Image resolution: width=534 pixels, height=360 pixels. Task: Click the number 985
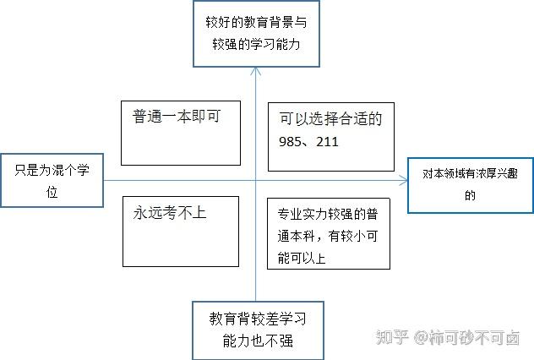point(290,142)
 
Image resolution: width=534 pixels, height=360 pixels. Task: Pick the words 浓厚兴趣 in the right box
point(491,174)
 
